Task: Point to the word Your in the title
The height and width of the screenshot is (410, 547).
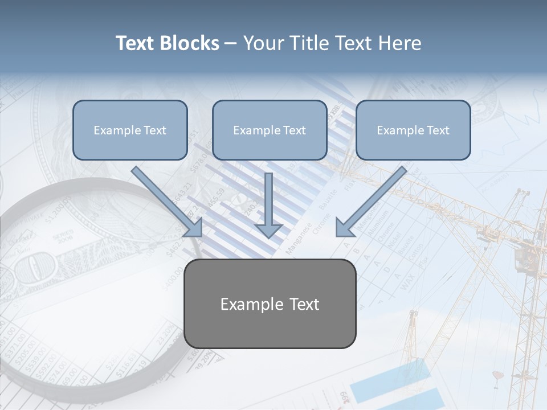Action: click(263, 43)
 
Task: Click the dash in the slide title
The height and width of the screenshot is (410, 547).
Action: click(231, 44)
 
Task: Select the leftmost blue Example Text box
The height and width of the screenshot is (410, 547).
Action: click(130, 130)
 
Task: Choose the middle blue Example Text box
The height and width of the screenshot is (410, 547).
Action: click(270, 130)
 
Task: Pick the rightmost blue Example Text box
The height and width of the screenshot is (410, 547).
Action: click(413, 130)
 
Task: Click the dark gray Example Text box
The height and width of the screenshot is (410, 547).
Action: click(270, 304)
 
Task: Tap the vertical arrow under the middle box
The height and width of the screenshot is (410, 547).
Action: click(268, 205)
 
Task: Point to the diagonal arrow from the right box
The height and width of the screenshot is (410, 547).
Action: click(371, 201)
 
